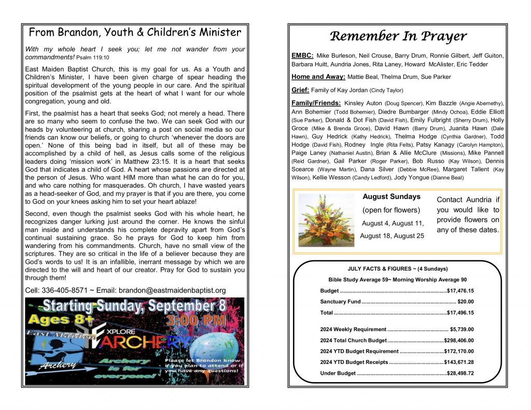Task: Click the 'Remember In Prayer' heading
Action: click(x=398, y=36)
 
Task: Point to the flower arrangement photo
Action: click(x=326, y=220)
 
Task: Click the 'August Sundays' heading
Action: click(x=392, y=197)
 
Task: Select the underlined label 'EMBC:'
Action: click(x=302, y=55)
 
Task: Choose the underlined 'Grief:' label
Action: click(x=300, y=90)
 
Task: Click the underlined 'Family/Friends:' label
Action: click(x=316, y=103)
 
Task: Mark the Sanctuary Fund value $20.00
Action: click(x=466, y=302)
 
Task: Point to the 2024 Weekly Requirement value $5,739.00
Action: click(x=462, y=329)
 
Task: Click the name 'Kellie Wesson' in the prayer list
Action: click(x=331, y=177)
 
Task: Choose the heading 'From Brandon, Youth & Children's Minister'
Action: click(x=135, y=33)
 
